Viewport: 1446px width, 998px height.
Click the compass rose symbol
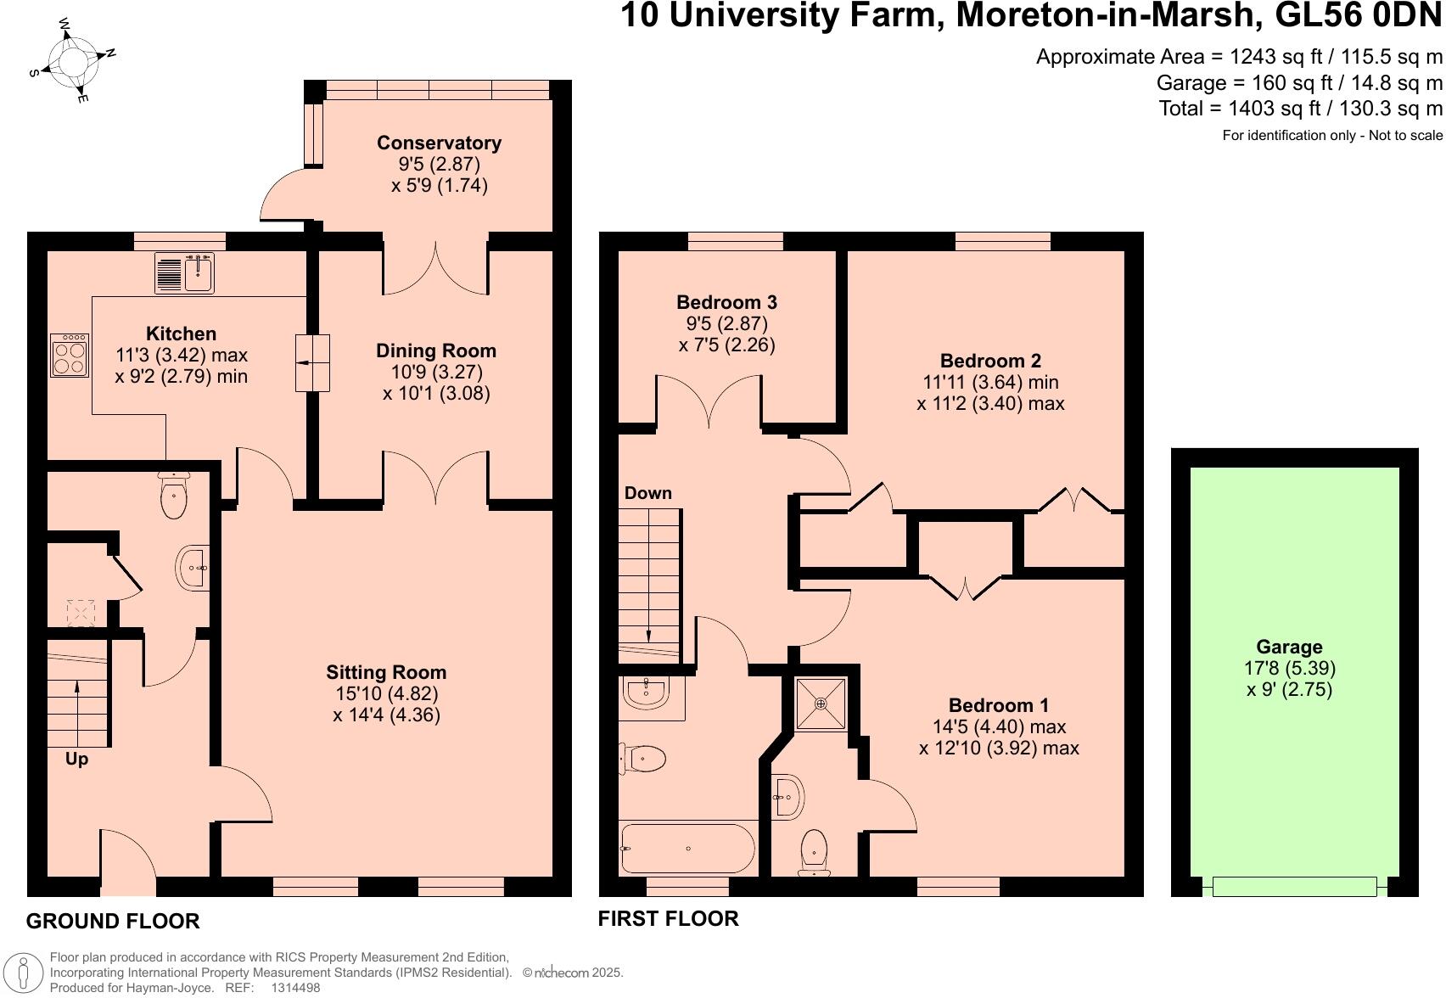[71, 60]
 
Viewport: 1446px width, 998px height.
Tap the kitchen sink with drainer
[184, 273]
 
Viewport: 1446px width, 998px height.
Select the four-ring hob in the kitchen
[70, 356]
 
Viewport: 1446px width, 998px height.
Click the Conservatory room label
[439, 143]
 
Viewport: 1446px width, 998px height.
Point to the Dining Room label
[436, 350]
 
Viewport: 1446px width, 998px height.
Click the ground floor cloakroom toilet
[173, 497]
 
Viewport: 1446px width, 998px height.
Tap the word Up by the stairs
[76, 759]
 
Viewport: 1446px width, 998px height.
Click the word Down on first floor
[647, 493]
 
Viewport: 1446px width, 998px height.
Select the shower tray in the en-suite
[821, 704]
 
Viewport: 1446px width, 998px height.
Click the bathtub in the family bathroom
[687, 849]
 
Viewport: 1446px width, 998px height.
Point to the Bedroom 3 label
[726, 302]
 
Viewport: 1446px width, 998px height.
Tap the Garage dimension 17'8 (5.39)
[1289, 668]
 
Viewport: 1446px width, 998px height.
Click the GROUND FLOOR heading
[113, 921]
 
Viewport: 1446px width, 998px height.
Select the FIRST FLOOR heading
[668, 918]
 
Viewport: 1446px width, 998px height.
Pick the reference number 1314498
[295, 988]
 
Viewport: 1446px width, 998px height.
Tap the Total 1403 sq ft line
[1300, 109]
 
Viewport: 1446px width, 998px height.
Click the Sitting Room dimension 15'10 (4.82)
[386, 693]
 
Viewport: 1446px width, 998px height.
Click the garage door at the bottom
[1294, 887]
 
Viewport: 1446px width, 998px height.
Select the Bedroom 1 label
[998, 705]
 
